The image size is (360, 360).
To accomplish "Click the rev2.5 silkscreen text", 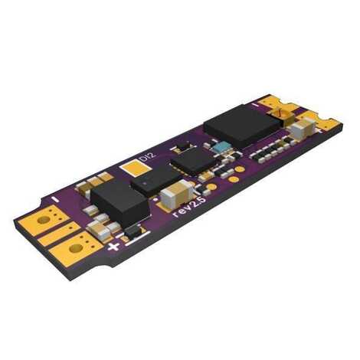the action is pos(189,207).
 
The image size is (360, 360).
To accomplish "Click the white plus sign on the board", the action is pos(113,247).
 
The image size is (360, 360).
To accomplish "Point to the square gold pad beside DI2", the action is pos(135,168).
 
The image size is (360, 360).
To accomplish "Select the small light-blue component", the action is pos(221,148).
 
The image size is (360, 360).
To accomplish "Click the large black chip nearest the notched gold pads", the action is pos(243,126).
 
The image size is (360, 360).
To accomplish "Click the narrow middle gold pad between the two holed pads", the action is pos(61,234).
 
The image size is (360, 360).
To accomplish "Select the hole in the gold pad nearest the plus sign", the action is pos(76,248).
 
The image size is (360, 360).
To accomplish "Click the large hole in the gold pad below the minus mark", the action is pos(44,220).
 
